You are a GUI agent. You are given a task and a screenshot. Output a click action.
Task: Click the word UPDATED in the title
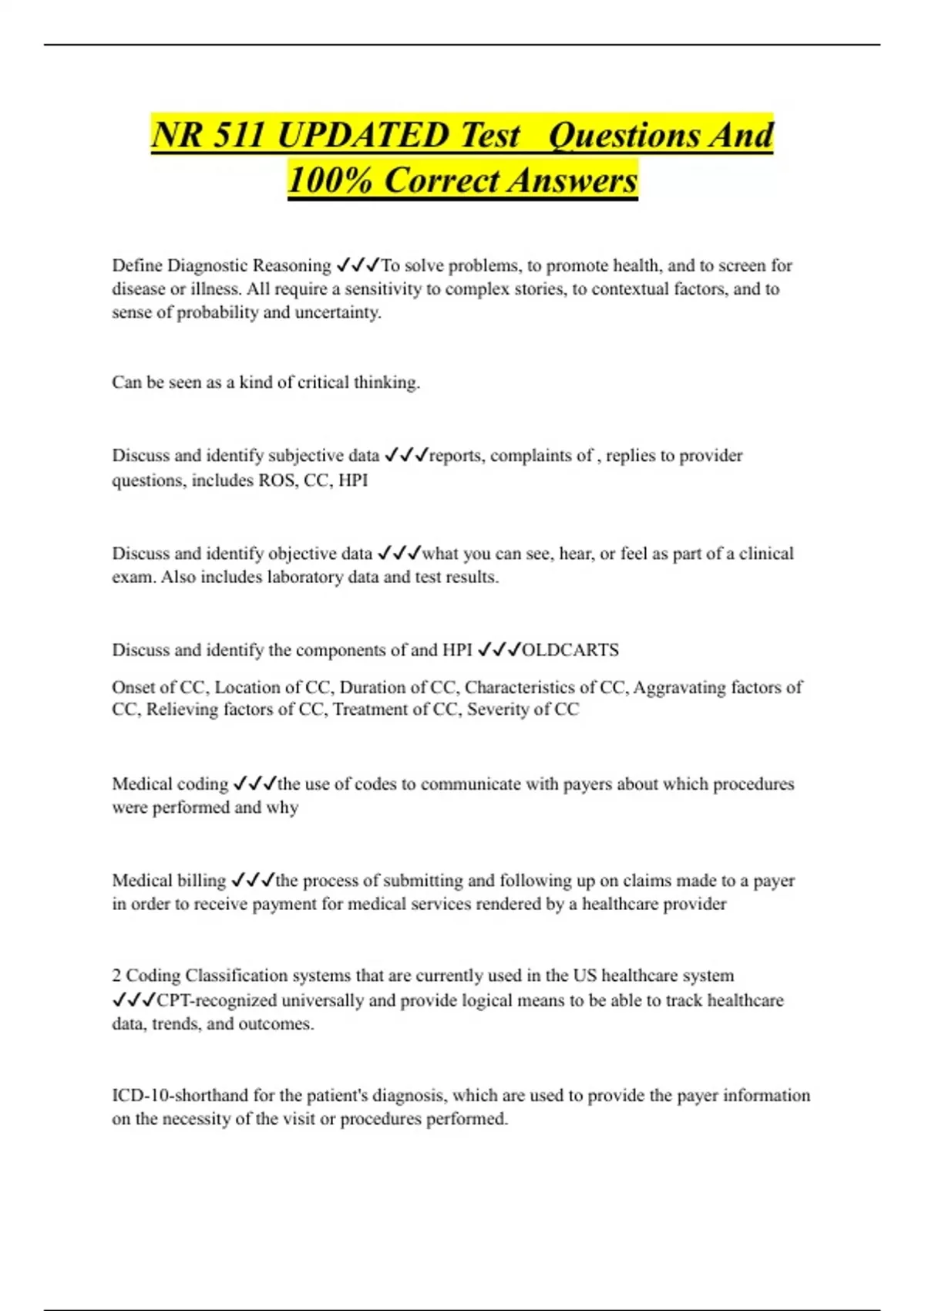click(x=362, y=136)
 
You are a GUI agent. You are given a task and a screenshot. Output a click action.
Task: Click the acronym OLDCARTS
click(x=570, y=650)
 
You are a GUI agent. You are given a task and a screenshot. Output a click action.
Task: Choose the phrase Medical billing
click(x=169, y=880)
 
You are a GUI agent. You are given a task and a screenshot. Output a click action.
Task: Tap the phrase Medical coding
click(x=170, y=784)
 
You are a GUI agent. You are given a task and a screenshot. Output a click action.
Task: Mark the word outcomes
click(x=275, y=1024)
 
